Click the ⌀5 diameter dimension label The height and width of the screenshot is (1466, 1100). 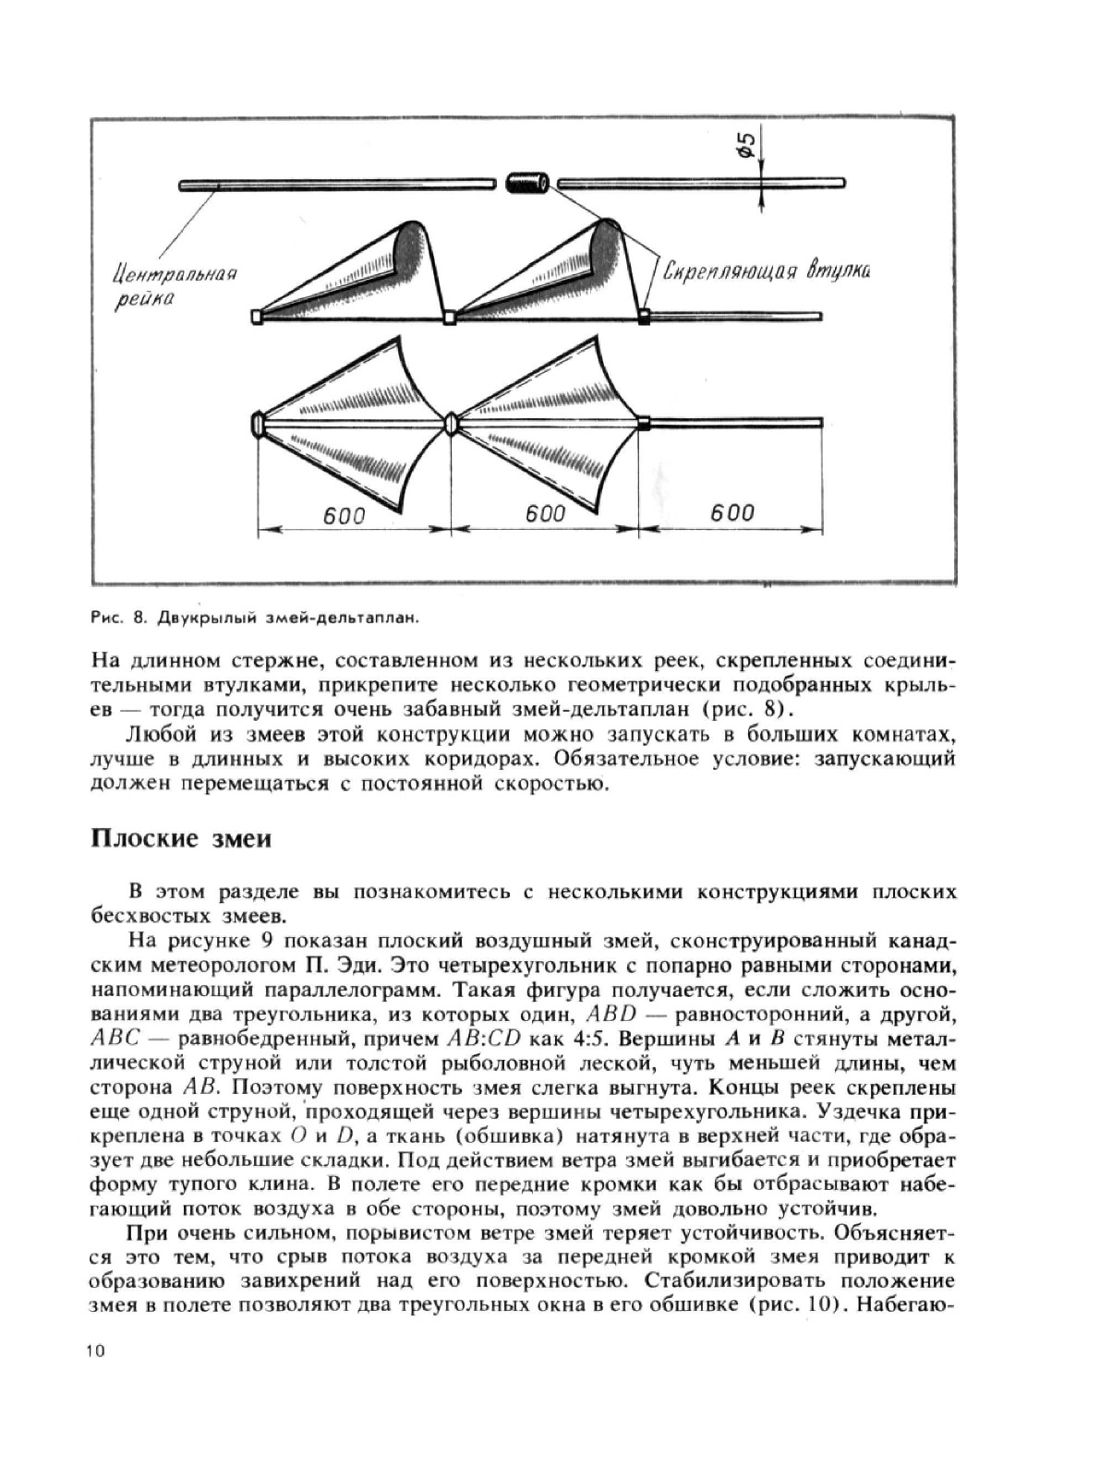tap(746, 144)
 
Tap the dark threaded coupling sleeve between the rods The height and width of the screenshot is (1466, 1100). tap(527, 183)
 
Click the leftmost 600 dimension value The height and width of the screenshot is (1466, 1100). tap(345, 515)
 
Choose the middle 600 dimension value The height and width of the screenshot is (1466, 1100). tap(545, 513)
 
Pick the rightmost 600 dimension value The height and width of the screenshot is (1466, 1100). tap(732, 512)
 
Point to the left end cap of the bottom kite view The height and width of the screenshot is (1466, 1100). tap(258, 425)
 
